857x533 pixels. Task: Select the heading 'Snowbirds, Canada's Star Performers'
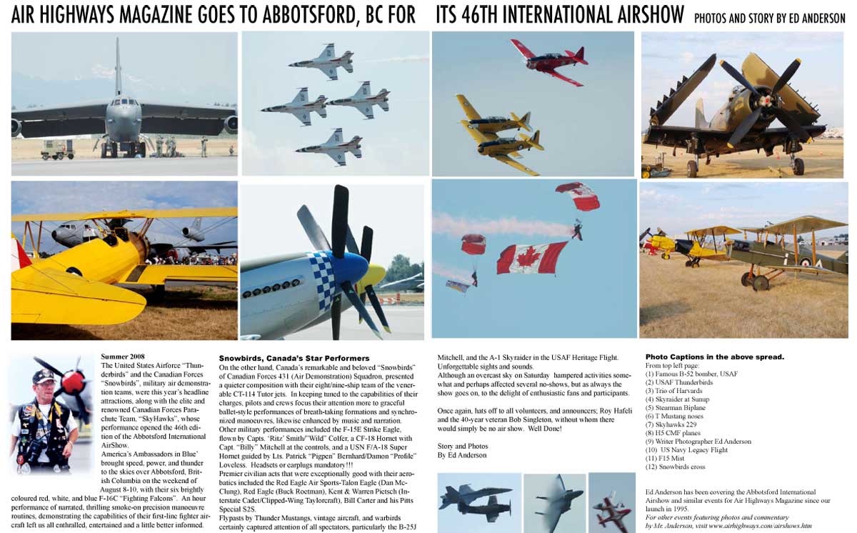click(x=294, y=358)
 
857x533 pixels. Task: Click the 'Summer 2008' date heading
click(x=123, y=356)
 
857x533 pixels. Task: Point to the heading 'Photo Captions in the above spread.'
click(x=715, y=357)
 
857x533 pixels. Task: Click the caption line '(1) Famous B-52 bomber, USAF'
click(x=691, y=374)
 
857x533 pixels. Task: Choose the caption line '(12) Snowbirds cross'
click(x=676, y=467)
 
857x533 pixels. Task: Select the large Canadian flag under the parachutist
click(x=532, y=257)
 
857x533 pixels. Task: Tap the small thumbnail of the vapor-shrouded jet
click(x=553, y=502)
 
